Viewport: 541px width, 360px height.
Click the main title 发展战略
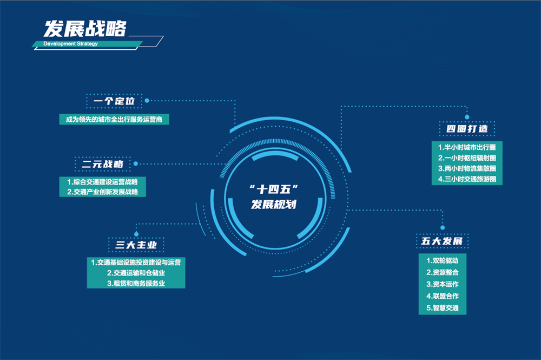[x=85, y=28]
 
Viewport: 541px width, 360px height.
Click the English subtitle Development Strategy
[x=70, y=44]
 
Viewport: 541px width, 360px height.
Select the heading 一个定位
[x=114, y=101]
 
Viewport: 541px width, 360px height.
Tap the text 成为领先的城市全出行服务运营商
[x=114, y=120]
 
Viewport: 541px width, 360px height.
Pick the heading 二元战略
[x=102, y=164]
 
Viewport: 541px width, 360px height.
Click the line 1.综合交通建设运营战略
[x=102, y=182]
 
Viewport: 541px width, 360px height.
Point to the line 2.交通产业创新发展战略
[x=102, y=192]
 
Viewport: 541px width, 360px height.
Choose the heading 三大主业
[x=136, y=245]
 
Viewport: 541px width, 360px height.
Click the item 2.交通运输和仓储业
[x=136, y=273]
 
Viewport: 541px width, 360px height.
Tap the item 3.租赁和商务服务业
[x=136, y=283]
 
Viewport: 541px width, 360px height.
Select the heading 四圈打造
[x=467, y=129]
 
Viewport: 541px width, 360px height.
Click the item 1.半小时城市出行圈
[x=467, y=147]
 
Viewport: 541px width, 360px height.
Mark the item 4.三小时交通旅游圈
[x=467, y=179]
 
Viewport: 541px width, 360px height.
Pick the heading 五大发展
[x=442, y=241]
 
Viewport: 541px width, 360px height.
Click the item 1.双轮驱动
[x=443, y=260]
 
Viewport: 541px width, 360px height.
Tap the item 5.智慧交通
[x=443, y=308]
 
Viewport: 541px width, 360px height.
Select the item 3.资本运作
[x=443, y=284]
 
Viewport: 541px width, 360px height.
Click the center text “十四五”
[x=274, y=189]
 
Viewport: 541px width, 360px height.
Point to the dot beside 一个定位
[x=147, y=101]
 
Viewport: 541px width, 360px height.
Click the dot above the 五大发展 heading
[x=443, y=227]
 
